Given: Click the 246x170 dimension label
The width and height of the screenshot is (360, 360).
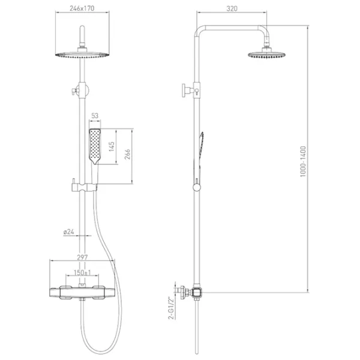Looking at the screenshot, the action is click(82, 8).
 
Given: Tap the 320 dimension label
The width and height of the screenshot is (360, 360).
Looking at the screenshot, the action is click(232, 9).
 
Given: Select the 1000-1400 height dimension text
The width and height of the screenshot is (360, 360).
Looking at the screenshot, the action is click(303, 161).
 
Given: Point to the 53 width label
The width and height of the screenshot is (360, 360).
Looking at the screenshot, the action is click(95, 116).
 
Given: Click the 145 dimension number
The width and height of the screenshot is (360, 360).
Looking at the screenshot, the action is click(112, 146).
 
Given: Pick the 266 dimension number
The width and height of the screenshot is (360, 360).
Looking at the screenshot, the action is click(127, 154).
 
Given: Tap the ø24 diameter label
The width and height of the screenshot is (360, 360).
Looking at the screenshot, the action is click(69, 232).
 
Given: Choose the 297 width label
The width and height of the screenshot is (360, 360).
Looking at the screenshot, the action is click(82, 257).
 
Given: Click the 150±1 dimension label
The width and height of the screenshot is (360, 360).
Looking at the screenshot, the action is click(82, 272).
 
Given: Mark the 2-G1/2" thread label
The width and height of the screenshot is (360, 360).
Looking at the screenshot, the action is click(171, 308).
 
